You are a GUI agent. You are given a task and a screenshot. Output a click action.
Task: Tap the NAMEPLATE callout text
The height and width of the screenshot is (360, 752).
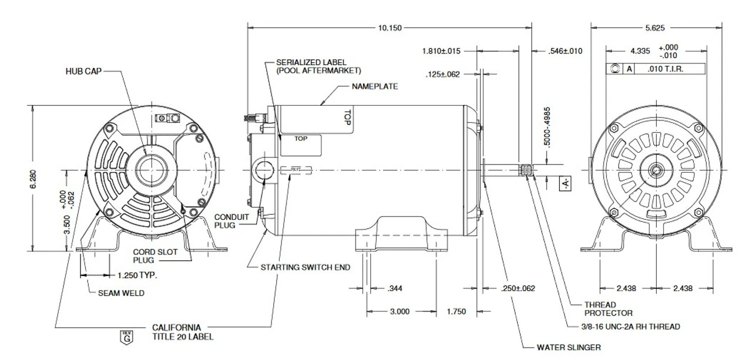tap(375, 86)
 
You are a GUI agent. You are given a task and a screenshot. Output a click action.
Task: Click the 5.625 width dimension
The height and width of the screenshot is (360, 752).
tap(656, 28)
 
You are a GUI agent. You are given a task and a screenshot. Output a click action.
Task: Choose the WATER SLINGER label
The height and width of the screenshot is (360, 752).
tap(569, 347)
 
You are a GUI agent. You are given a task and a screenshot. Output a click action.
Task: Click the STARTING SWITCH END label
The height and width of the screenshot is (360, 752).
tap(305, 267)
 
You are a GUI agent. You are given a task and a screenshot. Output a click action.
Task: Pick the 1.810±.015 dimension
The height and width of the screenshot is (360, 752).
tap(441, 51)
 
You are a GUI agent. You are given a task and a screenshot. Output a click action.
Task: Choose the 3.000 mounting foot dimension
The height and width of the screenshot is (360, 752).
tap(399, 312)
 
